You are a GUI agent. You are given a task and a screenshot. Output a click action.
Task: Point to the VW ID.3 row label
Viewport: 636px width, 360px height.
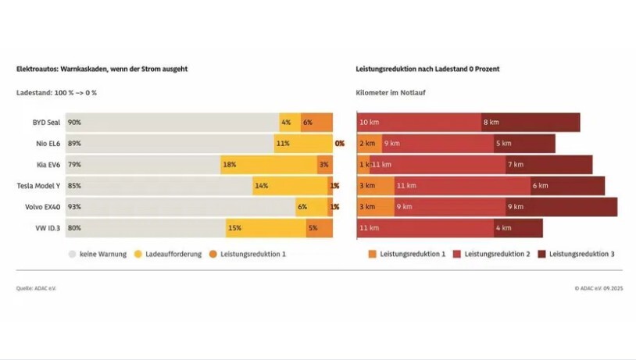pos(47,228)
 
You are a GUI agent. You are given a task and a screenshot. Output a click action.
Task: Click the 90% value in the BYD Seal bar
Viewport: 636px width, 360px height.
pos(74,123)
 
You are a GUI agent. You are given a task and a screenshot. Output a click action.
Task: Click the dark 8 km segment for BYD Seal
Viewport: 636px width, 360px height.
pos(531,123)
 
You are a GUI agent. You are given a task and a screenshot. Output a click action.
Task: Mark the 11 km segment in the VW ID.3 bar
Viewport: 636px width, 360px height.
pos(426,228)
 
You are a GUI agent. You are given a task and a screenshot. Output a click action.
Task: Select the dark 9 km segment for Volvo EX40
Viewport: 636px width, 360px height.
pos(560,207)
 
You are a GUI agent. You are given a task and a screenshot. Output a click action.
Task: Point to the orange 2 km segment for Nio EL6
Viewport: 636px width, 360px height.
pos(369,144)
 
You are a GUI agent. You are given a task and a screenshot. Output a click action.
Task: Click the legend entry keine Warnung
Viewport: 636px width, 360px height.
pos(98,254)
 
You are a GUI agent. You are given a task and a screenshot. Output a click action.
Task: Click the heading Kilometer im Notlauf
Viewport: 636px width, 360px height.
pos(391,93)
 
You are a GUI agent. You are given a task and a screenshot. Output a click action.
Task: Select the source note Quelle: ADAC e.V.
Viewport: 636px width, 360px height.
pos(36,288)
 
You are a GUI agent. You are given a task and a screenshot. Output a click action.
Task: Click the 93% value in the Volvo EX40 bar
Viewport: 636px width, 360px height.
pos(74,207)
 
